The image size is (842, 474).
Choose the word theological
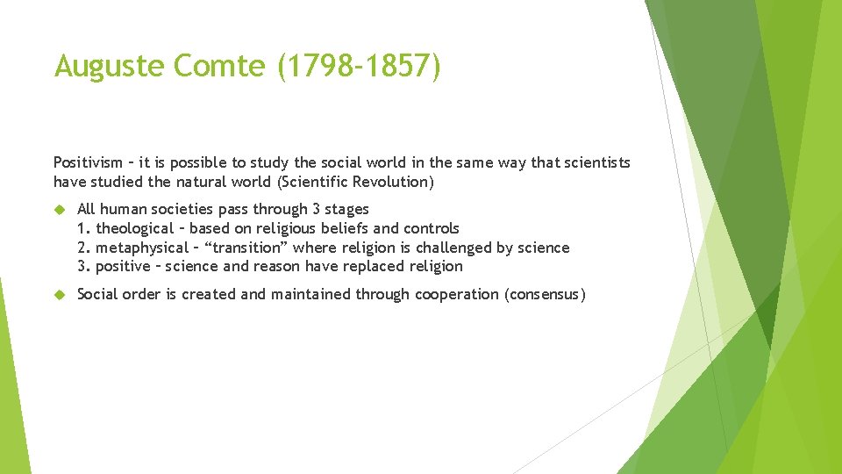(135, 228)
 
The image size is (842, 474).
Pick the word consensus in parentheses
(545, 295)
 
